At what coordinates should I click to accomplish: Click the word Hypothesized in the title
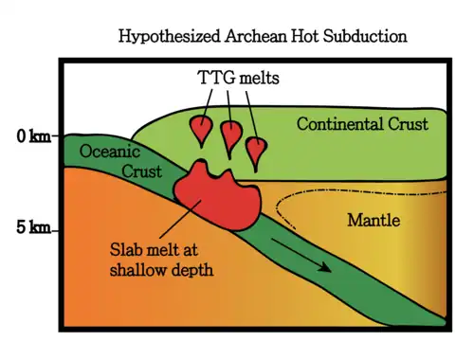tap(169, 37)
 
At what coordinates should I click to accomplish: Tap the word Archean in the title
tap(255, 36)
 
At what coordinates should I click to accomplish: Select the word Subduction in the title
tap(365, 36)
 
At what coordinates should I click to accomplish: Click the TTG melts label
tap(238, 78)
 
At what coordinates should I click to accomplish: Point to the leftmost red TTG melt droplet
tap(201, 129)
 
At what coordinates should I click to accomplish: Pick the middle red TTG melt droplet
tap(231, 135)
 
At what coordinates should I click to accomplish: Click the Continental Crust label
tap(362, 124)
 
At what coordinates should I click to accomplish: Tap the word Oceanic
tap(110, 152)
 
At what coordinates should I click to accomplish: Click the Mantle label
tap(374, 220)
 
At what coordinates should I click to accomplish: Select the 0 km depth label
tap(34, 136)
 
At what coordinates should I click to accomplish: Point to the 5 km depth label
tap(33, 227)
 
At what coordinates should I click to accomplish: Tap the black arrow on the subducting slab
tap(301, 255)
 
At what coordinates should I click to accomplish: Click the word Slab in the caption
tap(125, 249)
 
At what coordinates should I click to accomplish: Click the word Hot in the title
tap(304, 36)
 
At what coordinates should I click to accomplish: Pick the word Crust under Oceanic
tap(142, 171)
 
